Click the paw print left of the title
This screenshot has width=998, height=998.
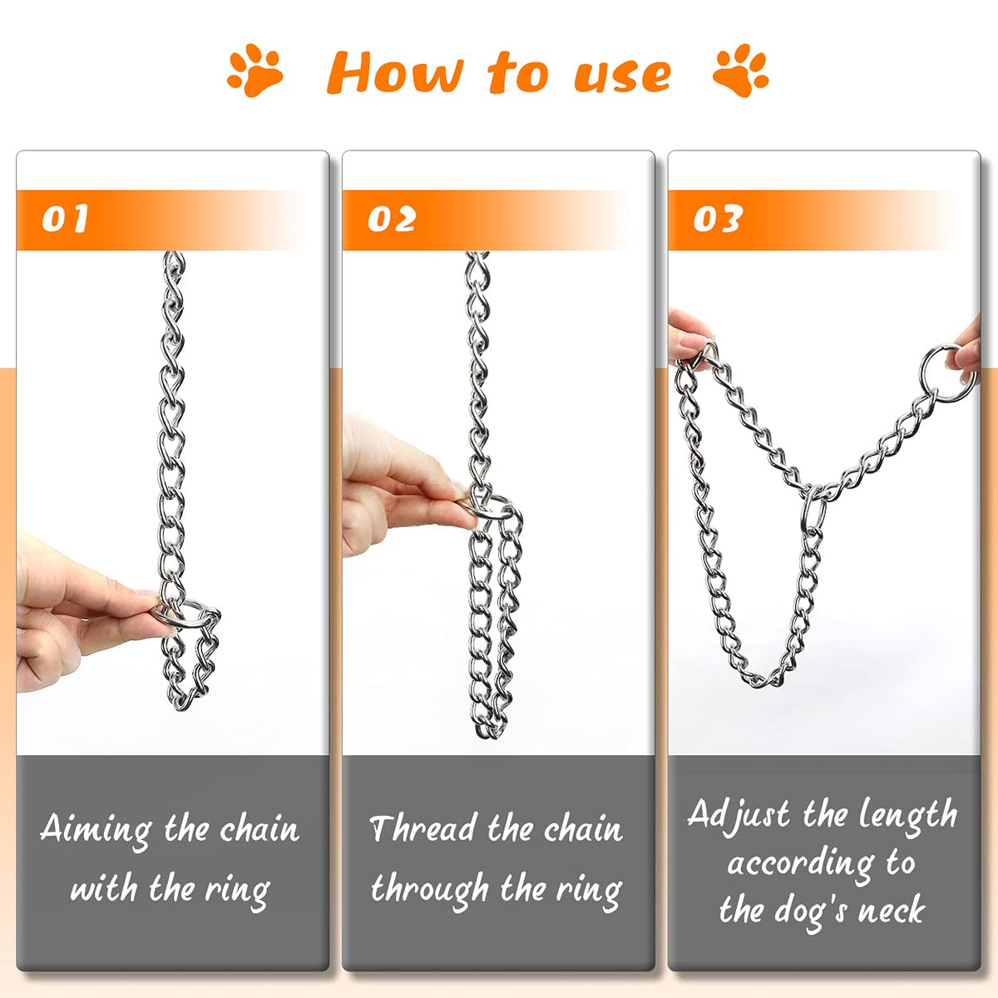coord(254,70)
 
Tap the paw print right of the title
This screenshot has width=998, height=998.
coord(741,70)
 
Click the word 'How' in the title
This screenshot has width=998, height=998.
coord(395,72)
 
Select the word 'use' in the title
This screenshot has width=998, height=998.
coord(623,75)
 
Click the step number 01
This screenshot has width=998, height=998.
coord(65,219)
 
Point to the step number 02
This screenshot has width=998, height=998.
coord(392,219)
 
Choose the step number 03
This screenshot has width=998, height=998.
coord(718,219)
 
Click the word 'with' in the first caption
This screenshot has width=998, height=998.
coord(104,888)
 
